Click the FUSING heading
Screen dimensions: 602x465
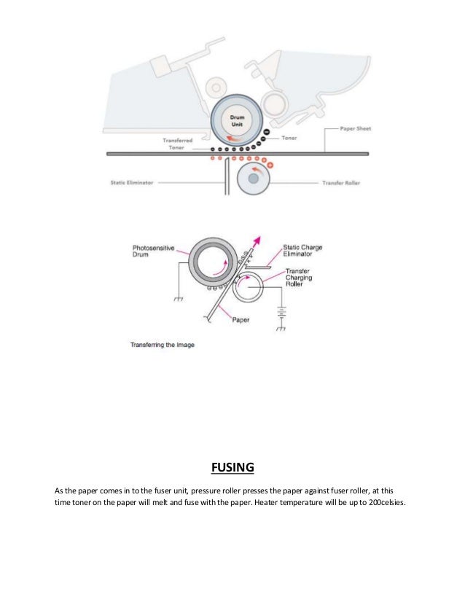[232, 466]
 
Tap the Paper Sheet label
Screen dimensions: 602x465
[355, 129]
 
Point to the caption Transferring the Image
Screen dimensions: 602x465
[162, 345]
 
